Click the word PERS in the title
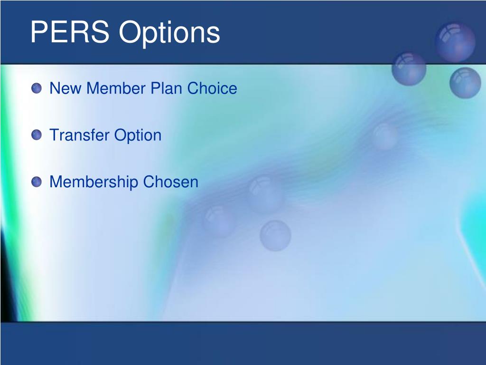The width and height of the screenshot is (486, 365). [70, 32]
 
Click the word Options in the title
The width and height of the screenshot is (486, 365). [169, 34]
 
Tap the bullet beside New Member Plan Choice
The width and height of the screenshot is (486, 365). [37, 88]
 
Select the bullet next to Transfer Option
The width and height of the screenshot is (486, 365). [37, 135]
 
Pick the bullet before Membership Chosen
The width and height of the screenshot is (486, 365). [37, 182]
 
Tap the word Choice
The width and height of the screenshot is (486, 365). [212, 88]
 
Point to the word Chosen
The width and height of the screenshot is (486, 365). [170, 182]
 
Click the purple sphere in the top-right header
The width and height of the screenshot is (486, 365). [455, 42]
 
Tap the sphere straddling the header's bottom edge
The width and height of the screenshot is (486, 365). [409, 68]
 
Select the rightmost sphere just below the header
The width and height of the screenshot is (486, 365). [465, 83]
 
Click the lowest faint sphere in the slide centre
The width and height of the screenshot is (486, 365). [275, 236]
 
